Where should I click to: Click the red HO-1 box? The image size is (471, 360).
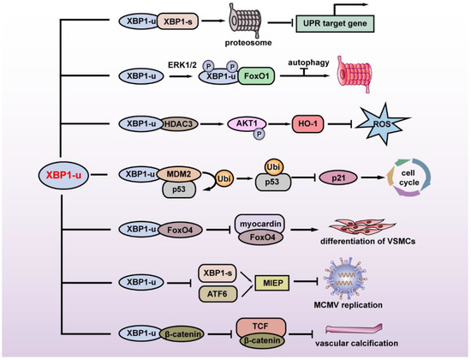(313, 123)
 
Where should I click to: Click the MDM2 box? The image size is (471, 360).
(181, 173)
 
